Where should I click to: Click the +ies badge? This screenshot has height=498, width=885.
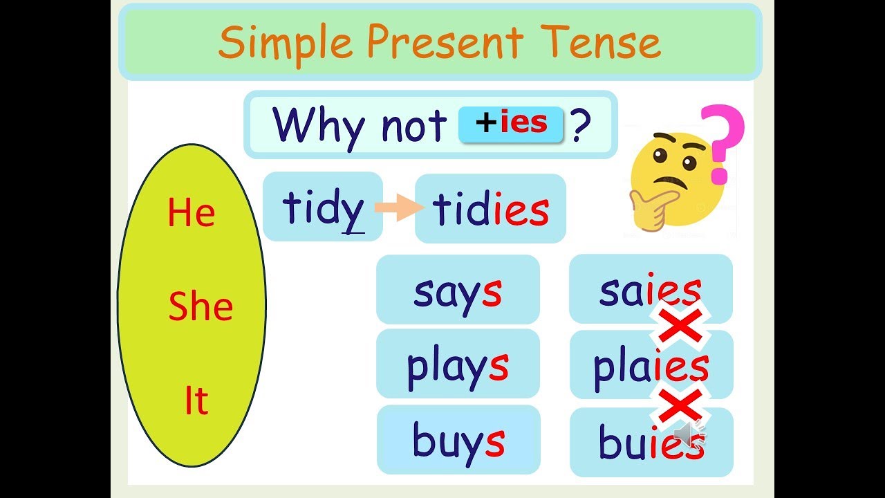tap(512, 124)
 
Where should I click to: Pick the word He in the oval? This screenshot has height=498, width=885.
tap(191, 213)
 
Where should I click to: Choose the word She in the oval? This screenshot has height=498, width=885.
tap(201, 307)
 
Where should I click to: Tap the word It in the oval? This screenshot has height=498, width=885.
tap(196, 401)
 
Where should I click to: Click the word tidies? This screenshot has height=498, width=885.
tap(490, 210)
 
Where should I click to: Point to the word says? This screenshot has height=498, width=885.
tap(457, 291)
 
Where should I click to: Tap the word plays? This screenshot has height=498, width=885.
tap(457, 366)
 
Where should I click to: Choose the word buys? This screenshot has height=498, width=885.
tap(458, 441)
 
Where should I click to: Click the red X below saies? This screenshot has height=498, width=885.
tap(680, 326)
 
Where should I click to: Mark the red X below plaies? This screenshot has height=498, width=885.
tap(680, 405)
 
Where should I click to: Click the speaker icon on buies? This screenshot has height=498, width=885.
tap(689, 433)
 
